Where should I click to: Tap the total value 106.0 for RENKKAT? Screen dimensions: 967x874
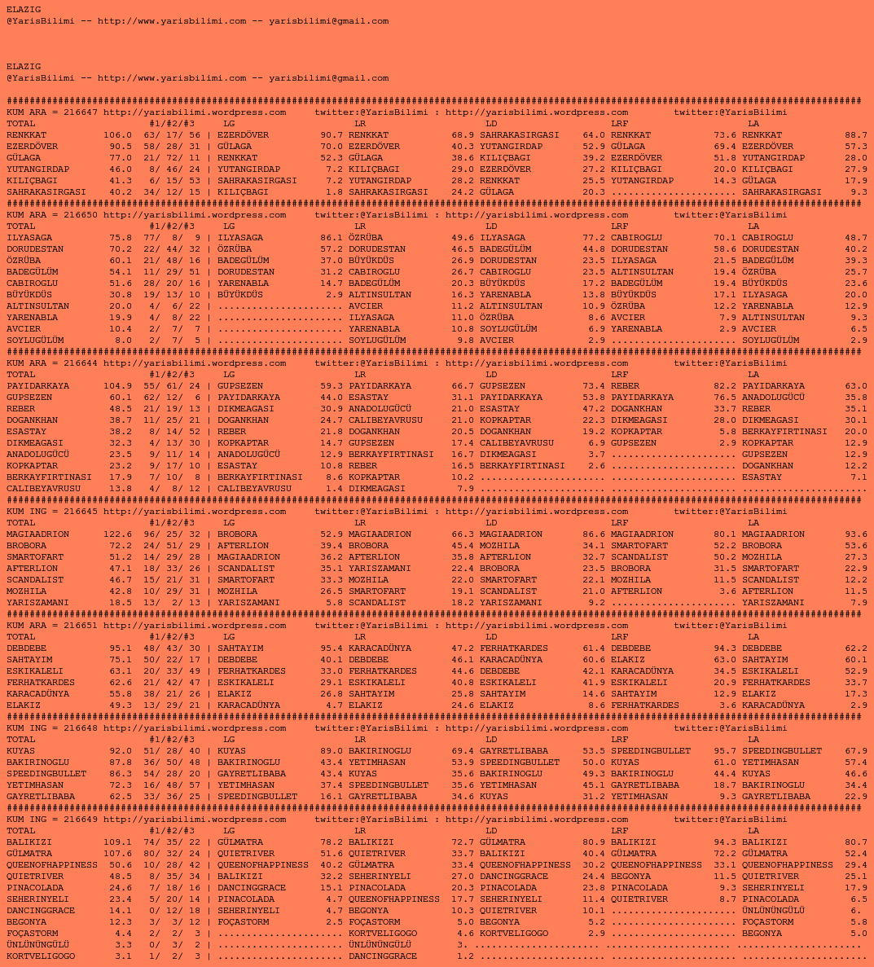pos(117,135)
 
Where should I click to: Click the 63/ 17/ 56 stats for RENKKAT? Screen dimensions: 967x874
pos(172,135)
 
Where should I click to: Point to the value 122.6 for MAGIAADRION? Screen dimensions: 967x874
pos(117,534)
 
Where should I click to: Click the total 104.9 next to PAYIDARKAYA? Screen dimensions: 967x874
pos(117,386)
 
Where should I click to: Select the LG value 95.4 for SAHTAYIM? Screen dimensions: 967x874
pos(332,648)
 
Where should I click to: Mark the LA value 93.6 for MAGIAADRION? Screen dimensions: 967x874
pos(856,534)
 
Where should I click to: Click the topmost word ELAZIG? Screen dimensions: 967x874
pos(24,10)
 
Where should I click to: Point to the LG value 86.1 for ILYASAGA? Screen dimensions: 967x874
pos(332,238)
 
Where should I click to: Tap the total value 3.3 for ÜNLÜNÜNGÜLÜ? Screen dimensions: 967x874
pos(123,945)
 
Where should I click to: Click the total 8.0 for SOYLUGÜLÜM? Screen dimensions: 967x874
pos(123,341)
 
